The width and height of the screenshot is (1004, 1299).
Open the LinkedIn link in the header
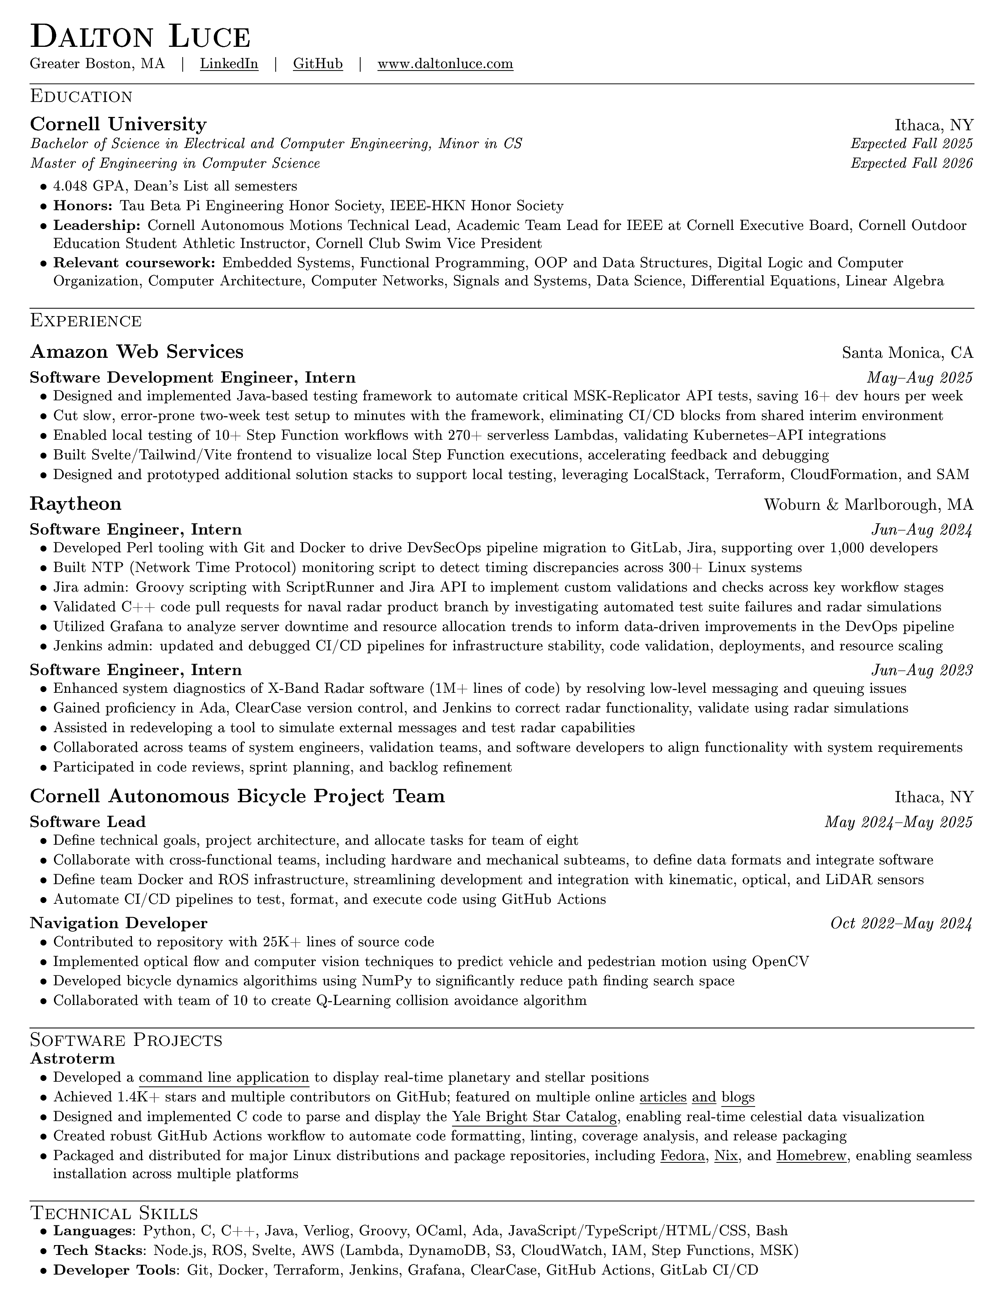tap(229, 64)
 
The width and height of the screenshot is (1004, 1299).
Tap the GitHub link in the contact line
tap(318, 64)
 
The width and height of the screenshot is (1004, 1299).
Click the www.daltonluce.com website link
tap(445, 64)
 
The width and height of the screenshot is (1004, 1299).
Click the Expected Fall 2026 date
tap(911, 163)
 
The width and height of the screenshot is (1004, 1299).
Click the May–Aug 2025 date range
tap(919, 377)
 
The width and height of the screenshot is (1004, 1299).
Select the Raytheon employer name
tap(76, 504)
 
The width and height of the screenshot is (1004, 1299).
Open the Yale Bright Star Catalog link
tap(534, 1116)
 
